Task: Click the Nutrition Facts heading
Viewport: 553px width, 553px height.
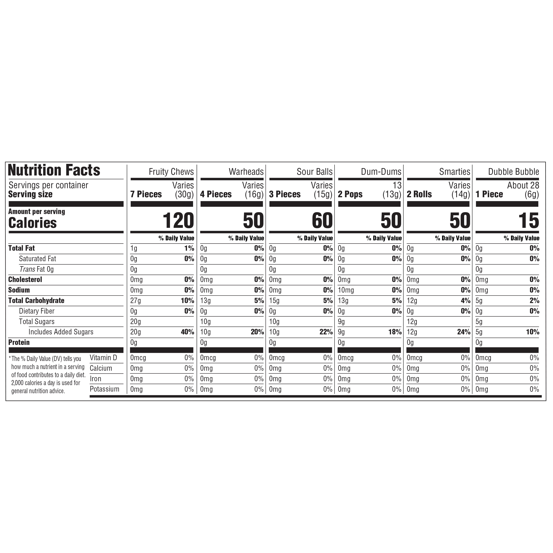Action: point(54,170)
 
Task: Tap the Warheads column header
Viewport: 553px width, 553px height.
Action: point(246,172)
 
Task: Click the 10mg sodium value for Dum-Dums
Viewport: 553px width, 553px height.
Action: point(346,290)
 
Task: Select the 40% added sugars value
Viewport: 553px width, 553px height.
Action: point(187,332)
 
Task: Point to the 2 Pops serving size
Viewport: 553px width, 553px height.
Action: point(350,194)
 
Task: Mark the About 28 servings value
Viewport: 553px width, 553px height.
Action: point(523,185)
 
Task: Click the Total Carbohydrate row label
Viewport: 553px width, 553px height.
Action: point(36,300)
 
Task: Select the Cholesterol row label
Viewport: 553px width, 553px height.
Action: point(25,280)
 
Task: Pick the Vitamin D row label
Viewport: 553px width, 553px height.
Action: point(103,358)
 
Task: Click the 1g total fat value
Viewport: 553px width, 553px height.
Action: point(134,248)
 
